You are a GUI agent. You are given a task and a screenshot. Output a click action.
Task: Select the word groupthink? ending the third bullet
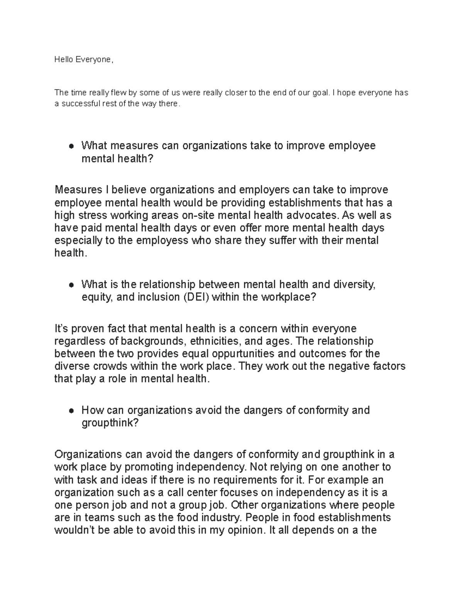pos(110,423)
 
